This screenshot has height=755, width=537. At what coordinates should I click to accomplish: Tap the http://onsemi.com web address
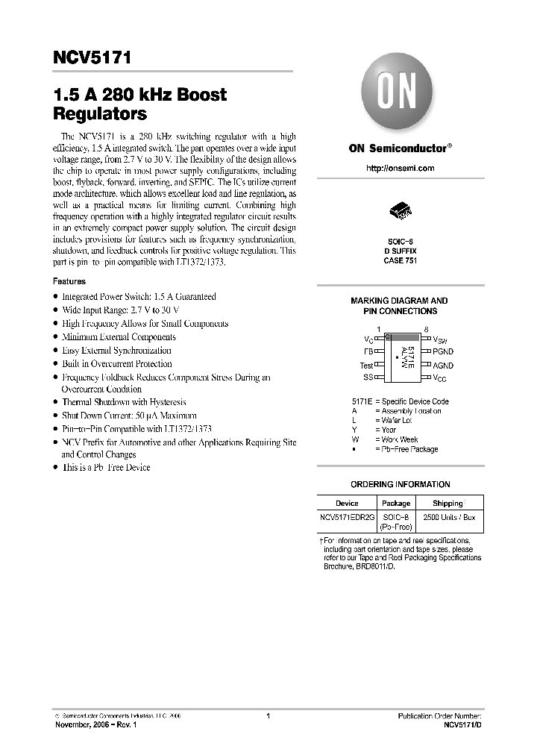point(400,169)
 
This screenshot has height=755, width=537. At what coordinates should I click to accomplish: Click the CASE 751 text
point(400,260)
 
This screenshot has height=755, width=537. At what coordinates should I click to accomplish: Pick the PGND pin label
point(443,351)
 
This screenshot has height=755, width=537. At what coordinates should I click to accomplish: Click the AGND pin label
point(443,366)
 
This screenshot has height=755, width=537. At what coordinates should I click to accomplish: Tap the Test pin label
point(366,366)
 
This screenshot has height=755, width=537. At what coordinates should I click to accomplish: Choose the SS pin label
point(368,378)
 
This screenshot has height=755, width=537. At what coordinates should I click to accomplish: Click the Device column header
point(347,504)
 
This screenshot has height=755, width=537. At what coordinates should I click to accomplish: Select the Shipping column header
point(447,504)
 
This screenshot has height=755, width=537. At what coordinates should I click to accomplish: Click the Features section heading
point(69,282)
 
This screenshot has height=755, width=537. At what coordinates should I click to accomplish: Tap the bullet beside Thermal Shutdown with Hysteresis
point(55,402)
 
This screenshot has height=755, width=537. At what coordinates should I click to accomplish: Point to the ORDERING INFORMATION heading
point(400,484)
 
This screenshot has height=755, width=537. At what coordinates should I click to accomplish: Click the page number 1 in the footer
point(267,716)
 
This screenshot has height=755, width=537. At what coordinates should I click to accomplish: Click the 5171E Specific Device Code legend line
point(400,401)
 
